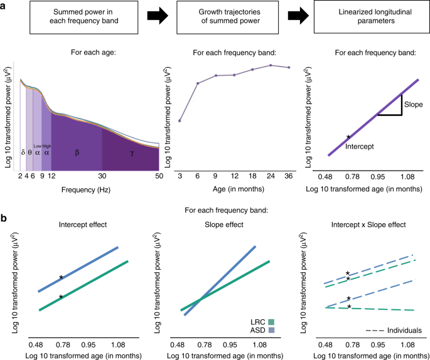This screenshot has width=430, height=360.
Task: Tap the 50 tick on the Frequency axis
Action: point(158,177)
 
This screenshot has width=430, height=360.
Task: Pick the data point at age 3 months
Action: point(180,120)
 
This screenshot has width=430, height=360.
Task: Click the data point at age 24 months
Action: point(271,65)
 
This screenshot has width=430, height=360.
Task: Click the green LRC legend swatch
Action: point(271,320)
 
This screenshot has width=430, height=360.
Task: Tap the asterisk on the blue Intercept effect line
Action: point(61,277)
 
